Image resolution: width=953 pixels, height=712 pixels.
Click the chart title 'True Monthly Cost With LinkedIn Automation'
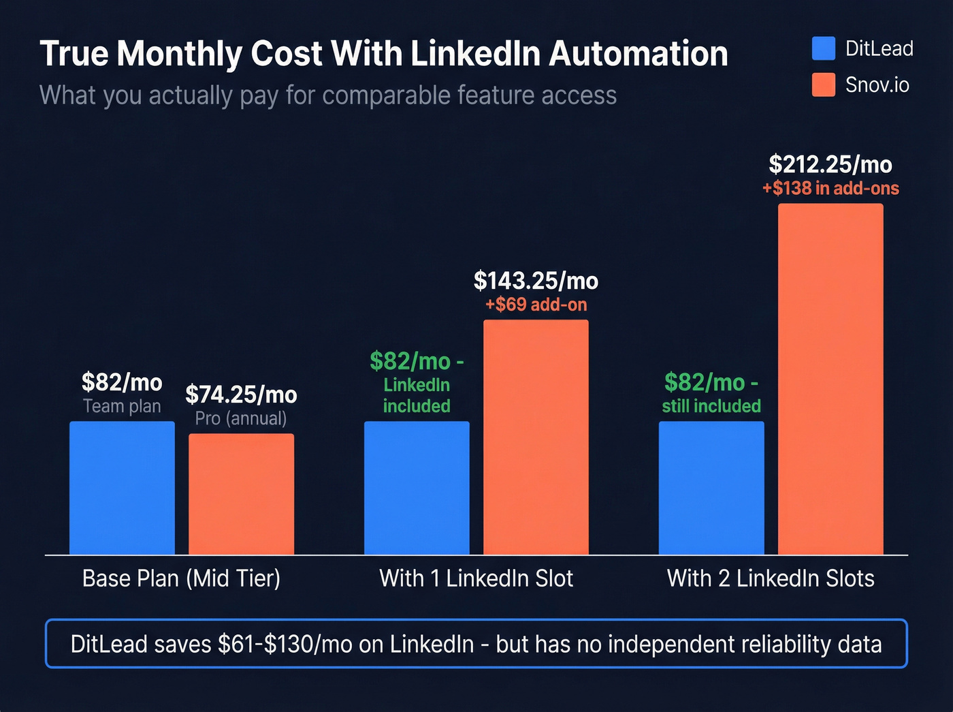(x=383, y=54)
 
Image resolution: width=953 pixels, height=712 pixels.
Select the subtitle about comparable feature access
(x=328, y=95)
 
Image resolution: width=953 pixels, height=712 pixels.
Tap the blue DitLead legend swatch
(x=824, y=48)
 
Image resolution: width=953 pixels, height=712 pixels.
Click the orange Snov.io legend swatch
(x=824, y=85)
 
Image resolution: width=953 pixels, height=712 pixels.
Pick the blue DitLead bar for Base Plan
(x=122, y=488)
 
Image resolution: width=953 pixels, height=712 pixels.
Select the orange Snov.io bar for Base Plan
(x=241, y=494)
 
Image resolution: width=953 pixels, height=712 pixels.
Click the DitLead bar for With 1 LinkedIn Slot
(x=417, y=488)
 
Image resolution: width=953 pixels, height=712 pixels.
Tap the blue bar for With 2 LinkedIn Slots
(x=711, y=488)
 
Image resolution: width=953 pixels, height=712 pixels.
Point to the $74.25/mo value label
(x=241, y=394)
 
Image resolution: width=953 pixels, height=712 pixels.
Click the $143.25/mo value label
(x=536, y=281)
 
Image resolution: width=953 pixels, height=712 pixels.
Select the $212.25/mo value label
(x=830, y=164)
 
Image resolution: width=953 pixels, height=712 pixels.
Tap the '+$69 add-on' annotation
(x=536, y=305)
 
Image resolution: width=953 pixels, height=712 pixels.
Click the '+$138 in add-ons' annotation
(x=830, y=189)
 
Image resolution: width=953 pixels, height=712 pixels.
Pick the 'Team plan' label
(x=122, y=407)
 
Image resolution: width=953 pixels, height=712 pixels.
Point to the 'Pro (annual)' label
(x=241, y=418)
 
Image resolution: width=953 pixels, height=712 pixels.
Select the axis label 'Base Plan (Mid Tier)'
(x=181, y=578)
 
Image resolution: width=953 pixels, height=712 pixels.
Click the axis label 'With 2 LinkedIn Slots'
(x=771, y=578)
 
